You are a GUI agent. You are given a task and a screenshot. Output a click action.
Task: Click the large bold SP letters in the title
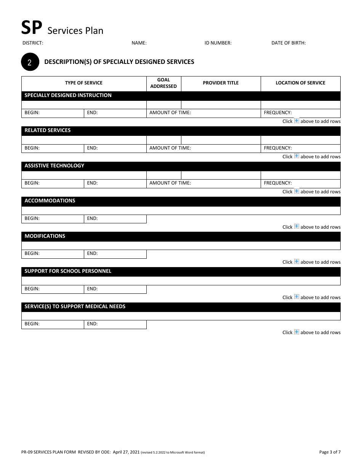pos(31,28)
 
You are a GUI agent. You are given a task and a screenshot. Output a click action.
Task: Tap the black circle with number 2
pos(30,62)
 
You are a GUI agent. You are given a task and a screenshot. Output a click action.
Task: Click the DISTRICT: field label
pos(33,43)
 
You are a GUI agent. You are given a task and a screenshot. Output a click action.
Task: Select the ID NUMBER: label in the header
pos(218,43)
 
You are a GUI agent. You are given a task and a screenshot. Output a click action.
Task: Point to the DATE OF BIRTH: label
pos(288,43)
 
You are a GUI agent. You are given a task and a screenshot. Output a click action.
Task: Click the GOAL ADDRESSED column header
pos(163,83)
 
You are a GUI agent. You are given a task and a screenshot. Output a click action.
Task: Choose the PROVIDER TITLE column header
pos(221,83)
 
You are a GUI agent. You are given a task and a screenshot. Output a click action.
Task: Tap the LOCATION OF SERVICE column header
pos(300,83)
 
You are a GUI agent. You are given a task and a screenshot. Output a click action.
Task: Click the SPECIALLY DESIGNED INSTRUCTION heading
pos(68,96)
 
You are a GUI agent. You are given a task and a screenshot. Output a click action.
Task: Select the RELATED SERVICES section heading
pos(48,131)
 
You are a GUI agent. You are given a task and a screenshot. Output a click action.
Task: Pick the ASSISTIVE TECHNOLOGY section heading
pos(54,166)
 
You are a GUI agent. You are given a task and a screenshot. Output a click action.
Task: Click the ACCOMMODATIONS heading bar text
pos(50,201)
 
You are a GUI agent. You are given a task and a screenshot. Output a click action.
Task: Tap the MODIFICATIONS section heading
pos(45,236)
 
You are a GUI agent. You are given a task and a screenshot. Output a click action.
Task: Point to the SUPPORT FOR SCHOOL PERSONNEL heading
pos(68,271)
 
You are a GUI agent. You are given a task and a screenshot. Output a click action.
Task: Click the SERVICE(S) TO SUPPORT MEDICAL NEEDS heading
pos(75,307)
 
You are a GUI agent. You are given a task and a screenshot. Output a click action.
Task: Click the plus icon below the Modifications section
pos(296,262)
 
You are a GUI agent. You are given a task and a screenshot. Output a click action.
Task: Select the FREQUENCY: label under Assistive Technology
pos(278,183)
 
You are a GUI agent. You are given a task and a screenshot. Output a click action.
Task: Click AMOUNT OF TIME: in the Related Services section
pos(170,148)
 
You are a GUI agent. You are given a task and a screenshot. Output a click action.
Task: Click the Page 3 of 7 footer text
pos(330,452)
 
